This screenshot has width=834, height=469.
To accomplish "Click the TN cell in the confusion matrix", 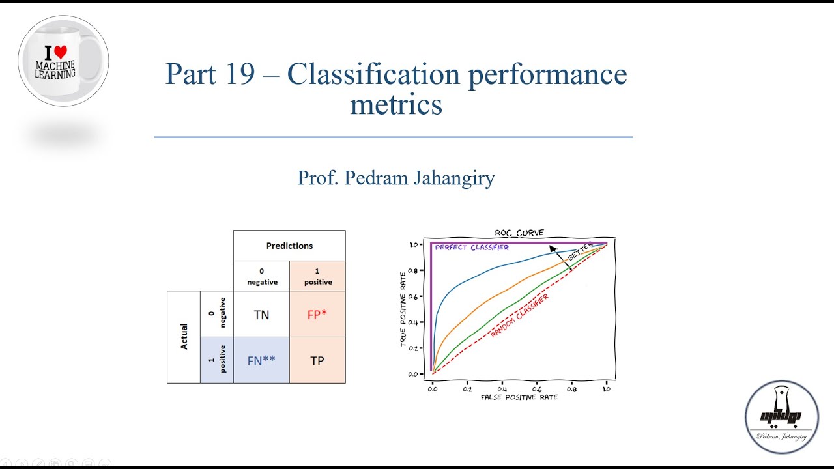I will point(261,315).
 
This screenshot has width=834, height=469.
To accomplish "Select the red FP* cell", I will point(317,315).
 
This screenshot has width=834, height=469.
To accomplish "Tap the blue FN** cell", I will point(261,360).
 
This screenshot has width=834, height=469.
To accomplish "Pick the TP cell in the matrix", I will point(317,360).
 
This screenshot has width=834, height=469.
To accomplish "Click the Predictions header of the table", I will point(289,246).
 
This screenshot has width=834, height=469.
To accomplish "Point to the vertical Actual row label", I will point(184,337).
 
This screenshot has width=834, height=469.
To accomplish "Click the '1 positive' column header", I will point(317,277).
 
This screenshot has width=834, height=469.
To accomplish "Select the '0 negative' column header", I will point(262,277).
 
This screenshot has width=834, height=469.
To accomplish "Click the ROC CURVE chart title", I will point(519,233).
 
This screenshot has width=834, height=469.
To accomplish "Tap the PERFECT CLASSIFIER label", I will point(472,248).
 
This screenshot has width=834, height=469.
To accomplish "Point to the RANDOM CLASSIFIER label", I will point(519,315).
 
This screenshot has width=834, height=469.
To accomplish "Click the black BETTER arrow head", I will point(553,248).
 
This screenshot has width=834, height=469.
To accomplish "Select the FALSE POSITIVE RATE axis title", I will point(519,397).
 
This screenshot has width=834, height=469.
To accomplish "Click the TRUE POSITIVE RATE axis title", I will point(404,309).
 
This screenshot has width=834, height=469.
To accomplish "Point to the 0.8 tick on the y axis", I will point(412,270).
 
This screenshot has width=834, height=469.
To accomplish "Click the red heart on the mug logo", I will point(61,52).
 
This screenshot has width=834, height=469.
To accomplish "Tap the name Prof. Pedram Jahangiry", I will point(395,177).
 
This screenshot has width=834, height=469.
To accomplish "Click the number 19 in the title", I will point(237,74).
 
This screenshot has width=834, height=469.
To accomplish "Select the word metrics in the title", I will point(395,104).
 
